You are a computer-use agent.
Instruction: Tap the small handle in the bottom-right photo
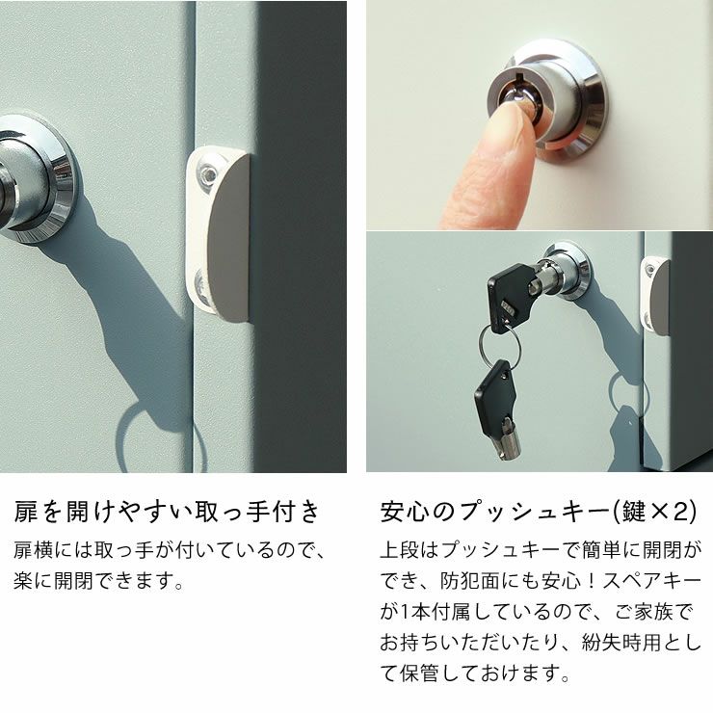(657, 295)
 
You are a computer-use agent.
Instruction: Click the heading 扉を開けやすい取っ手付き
(166, 510)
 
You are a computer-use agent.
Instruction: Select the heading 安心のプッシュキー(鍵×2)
(538, 510)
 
